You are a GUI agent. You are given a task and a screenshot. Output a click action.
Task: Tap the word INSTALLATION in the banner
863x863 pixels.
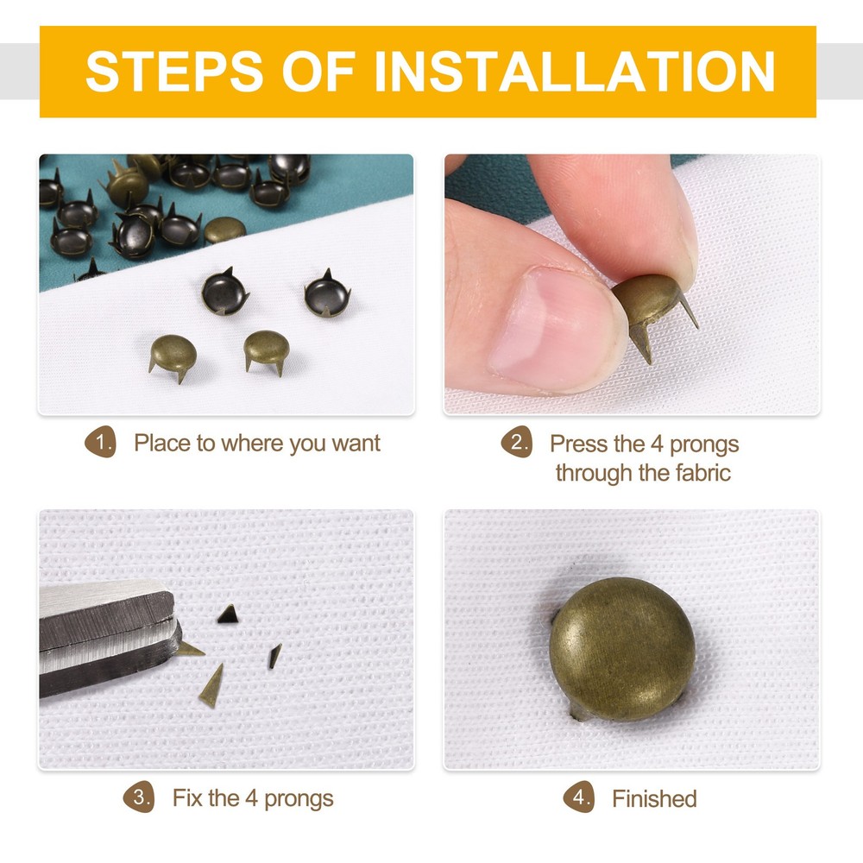point(574,72)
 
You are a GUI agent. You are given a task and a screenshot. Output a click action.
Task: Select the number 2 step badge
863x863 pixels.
point(516,444)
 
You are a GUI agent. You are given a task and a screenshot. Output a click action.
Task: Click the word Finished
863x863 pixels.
point(654,799)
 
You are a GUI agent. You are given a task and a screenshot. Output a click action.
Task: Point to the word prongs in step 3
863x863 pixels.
point(299,798)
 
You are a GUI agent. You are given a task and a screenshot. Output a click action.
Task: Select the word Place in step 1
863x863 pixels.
point(162,444)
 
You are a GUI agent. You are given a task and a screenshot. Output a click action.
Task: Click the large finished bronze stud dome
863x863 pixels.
point(622,648)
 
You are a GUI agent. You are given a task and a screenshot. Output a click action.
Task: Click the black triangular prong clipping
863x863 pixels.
point(228,614)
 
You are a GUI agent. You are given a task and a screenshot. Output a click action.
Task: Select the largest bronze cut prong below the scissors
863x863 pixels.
point(211,686)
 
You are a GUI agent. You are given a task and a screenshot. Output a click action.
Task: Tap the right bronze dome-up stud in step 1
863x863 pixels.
point(270,350)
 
